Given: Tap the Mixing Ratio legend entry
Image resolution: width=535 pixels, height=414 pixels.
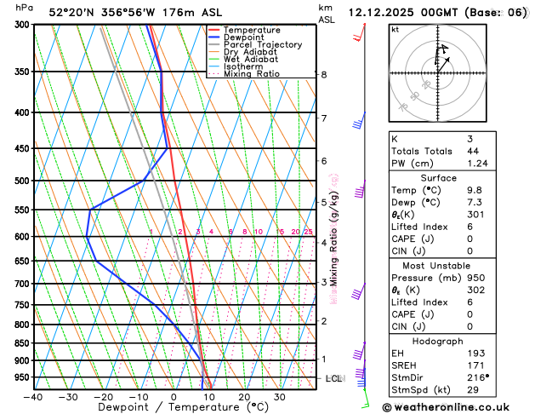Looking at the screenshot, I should [x=252, y=73].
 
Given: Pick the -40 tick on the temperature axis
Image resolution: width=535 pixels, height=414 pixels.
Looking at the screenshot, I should [x=33, y=397].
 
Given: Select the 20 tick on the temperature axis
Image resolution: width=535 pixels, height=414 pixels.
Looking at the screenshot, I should [x=244, y=397].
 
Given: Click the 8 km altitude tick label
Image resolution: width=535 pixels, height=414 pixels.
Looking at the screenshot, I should [x=324, y=75].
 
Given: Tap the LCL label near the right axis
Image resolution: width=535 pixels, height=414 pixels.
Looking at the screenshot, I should [x=333, y=378].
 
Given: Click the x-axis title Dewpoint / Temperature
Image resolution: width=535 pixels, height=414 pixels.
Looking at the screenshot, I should [x=174, y=408].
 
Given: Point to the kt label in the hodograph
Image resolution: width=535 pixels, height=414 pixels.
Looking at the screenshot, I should [x=395, y=29].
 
